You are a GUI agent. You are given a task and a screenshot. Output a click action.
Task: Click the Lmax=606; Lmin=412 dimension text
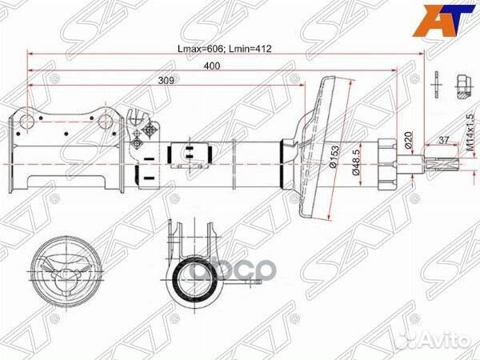point(225,49)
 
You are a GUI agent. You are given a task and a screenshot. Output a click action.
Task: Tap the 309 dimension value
point(166,81)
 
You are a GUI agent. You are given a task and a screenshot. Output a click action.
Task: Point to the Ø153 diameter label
point(335,157)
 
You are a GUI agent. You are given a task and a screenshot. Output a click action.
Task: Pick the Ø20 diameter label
point(409,139)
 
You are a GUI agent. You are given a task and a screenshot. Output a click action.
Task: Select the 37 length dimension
point(443,140)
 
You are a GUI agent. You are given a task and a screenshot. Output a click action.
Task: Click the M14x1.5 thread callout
point(470,132)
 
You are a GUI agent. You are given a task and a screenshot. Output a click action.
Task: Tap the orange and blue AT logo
point(443,21)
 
